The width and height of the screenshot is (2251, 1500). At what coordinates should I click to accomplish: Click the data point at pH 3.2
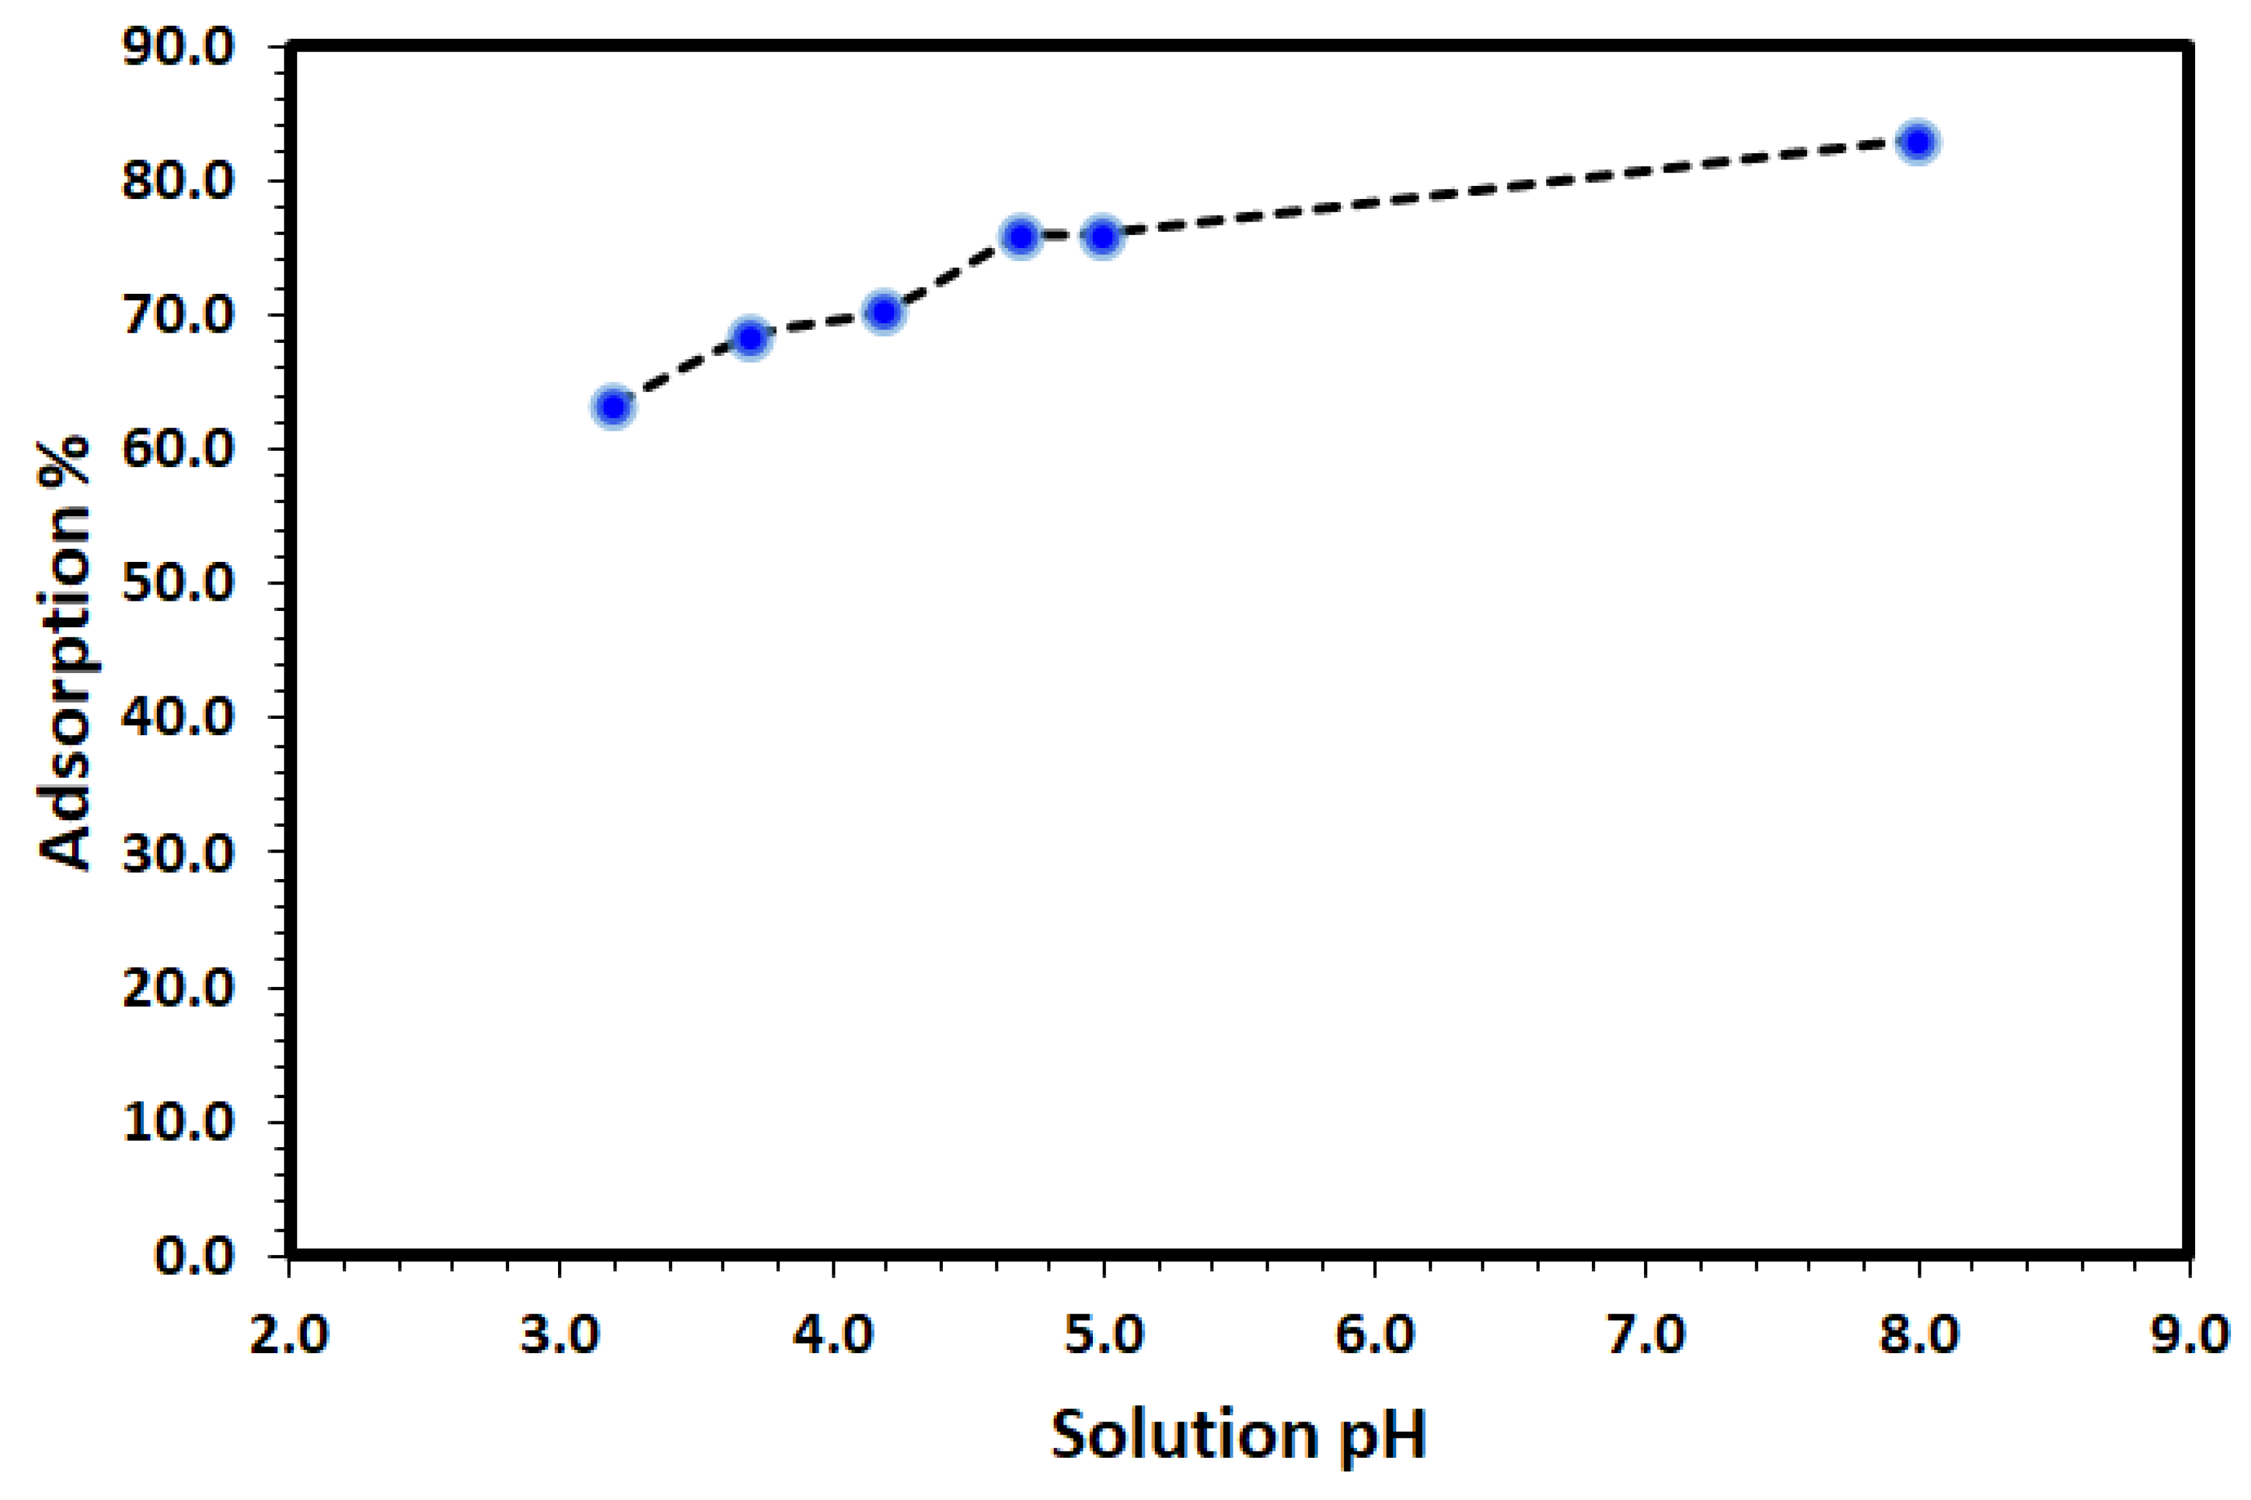pyautogui.click(x=614, y=407)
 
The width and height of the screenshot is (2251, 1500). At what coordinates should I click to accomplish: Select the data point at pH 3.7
pyautogui.click(x=751, y=338)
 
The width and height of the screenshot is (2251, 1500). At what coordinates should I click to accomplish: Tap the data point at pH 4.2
pyautogui.click(x=884, y=313)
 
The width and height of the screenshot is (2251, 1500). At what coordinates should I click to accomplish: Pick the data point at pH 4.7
pyautogui.click(x=1021, y=236)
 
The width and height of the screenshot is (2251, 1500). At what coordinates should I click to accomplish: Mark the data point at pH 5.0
pyautogui.click(x=1102, y=236)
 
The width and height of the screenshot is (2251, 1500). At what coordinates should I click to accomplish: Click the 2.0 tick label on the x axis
pyautogui.click(x=289, y=1334)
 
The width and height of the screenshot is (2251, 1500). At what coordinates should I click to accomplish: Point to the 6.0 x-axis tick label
pyautogui.click(x=1374, y=1334)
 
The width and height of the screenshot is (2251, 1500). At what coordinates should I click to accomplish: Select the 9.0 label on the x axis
pyautogui.click(x=2190, y=1334)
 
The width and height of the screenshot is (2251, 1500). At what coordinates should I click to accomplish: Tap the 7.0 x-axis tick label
pyautogui.click(x=1646, y=1334)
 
